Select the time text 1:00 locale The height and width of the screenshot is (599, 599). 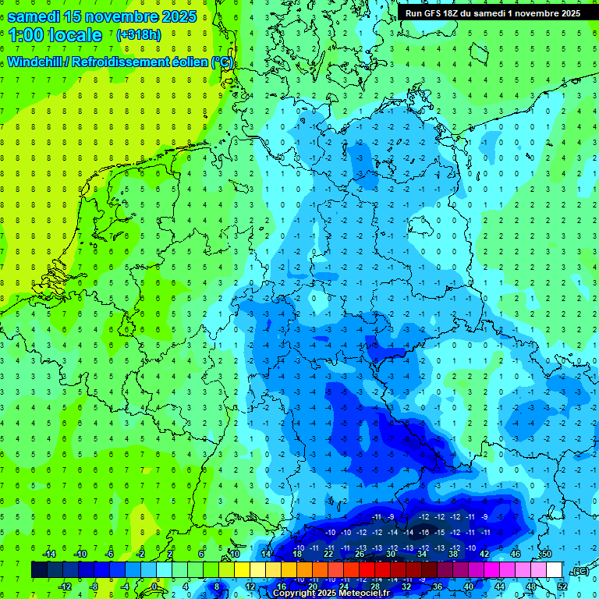(x=55, y=35)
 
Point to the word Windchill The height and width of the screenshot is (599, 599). (x=37, y=62)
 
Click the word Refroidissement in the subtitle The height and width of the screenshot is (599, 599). (x=119, y=62)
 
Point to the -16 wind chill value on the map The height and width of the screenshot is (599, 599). (x=424, y=532)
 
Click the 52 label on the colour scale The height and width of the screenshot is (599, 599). (x=562, y=587)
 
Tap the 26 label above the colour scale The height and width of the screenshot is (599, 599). (x=360, y=554)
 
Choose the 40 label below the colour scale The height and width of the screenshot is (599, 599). (x=469, y=587)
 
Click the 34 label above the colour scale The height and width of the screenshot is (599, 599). (x=422, y=554)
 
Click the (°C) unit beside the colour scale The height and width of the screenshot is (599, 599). (x=580, y=571)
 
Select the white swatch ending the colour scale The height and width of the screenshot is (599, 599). (x=555, y=570)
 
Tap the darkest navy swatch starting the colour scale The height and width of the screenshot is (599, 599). (x=39, y=570)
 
